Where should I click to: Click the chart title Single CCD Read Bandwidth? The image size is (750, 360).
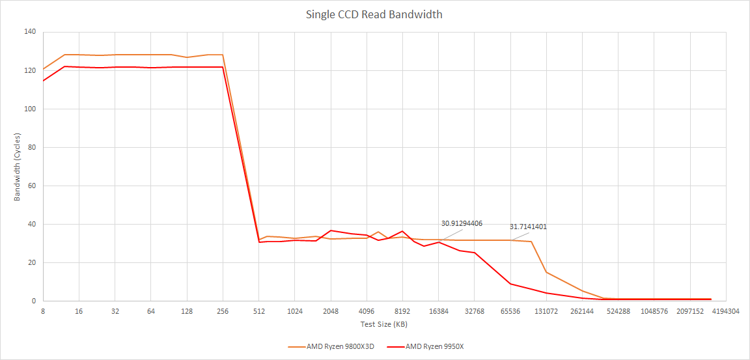[374, 14]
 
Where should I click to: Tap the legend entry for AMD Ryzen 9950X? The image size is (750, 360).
[434, 346]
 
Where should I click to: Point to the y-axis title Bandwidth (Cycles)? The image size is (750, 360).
[18, 167]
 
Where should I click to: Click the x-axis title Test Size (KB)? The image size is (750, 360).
[383, 324]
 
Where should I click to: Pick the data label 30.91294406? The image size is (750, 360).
[462, 223]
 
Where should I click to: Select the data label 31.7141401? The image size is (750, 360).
[528, 227]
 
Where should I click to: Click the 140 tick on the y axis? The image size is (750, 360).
[30, 32]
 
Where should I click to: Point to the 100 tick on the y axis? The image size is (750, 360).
[30, 109]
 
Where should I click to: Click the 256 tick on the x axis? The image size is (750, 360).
[223, 311]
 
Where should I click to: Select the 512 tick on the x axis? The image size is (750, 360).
[259, 311]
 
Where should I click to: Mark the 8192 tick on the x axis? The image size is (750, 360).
[402, 311]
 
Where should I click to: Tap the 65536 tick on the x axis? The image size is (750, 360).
[510, 311]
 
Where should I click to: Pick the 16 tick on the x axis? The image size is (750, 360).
[79, 311]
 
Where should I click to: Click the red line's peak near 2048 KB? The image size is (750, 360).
[331, 230]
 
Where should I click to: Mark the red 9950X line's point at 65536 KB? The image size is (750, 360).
[510, 284]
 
